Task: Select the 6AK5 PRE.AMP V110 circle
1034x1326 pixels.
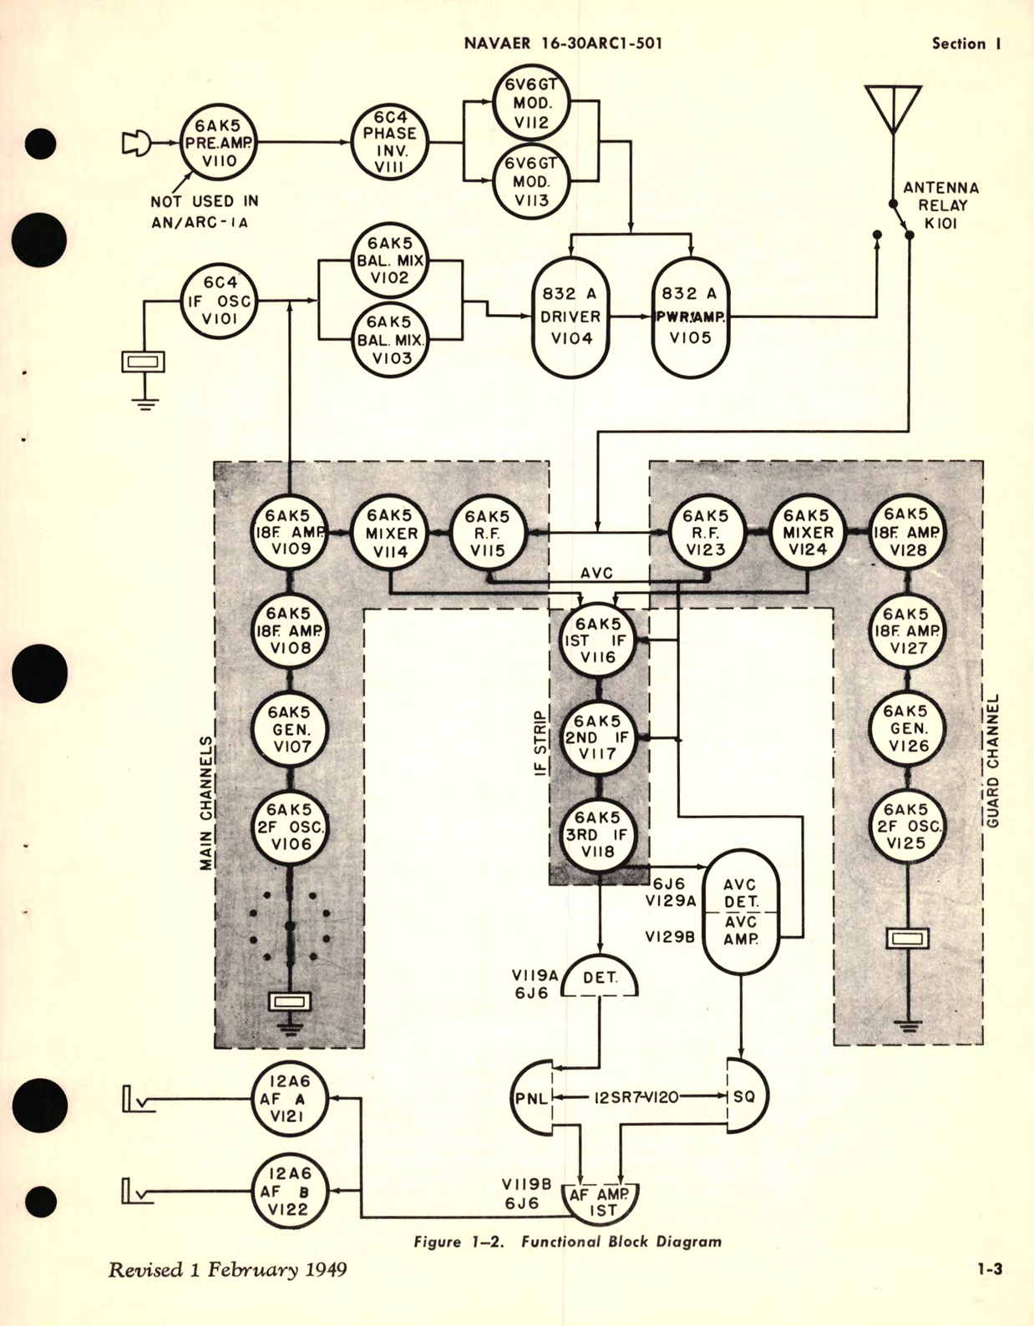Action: coord(218,143)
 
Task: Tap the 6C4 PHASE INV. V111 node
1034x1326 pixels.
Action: coord(390,143)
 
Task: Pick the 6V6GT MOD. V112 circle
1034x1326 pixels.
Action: coord(531,104)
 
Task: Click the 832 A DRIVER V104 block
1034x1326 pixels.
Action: coord(571,316)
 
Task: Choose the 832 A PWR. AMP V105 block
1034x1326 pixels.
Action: coord(690,316)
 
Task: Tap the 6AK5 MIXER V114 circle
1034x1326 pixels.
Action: coord(390,533)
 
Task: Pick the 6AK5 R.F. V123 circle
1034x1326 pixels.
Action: coord(706,533)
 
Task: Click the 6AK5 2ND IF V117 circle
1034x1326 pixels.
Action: coord(599,737)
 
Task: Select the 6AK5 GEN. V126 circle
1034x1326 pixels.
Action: coord(907,728)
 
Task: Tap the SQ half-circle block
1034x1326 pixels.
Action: coord(745,1096)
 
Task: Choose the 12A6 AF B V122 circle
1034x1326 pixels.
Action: coord(290,1192)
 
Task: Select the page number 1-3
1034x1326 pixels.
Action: coord(991,1270)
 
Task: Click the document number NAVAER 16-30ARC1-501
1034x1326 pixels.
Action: coord(563,43)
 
